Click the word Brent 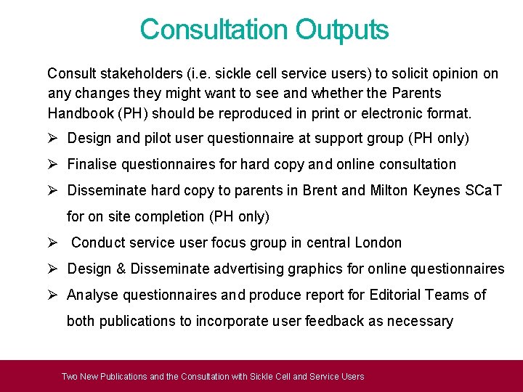(x=320, y=190)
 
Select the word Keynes (x=437, y=190)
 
